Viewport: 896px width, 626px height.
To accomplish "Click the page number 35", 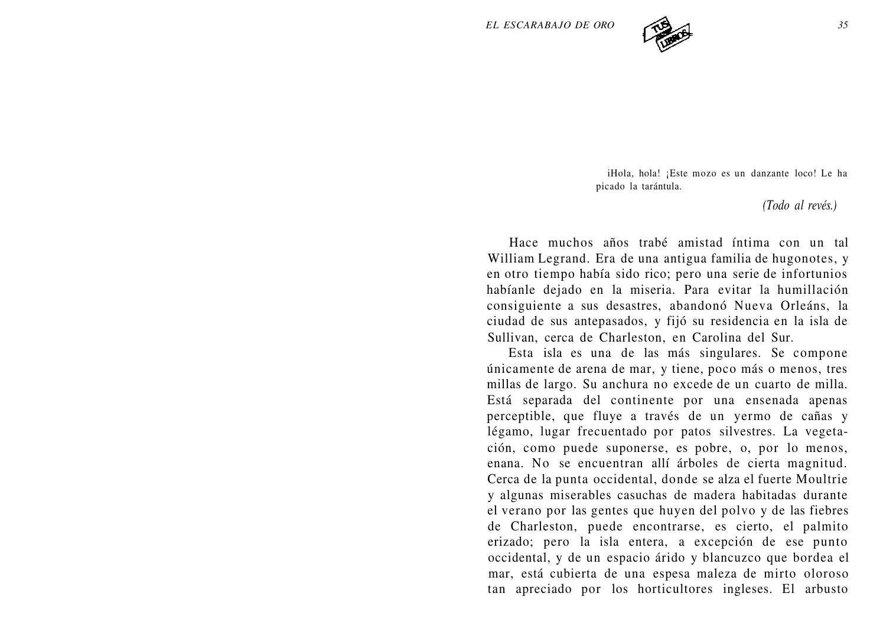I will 843,25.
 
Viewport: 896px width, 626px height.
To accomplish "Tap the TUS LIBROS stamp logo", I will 666,35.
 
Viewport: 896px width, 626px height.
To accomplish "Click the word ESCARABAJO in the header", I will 536,25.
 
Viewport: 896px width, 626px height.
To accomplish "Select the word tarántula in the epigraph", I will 661,187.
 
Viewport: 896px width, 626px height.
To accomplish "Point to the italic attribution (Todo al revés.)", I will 799,205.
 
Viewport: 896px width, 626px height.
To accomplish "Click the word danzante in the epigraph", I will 771,173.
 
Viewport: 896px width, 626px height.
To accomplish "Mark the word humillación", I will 812,290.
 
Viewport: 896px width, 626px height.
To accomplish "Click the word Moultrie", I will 822,479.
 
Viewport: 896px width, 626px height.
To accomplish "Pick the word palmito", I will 824,526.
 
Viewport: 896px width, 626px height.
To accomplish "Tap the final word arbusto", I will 826,589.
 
